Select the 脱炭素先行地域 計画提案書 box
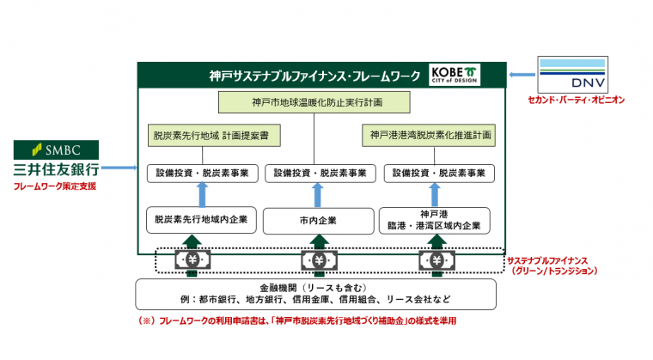click(204, 137)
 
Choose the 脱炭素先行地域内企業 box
click(203, 220)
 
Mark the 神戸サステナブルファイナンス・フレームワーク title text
click(317, 75)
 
